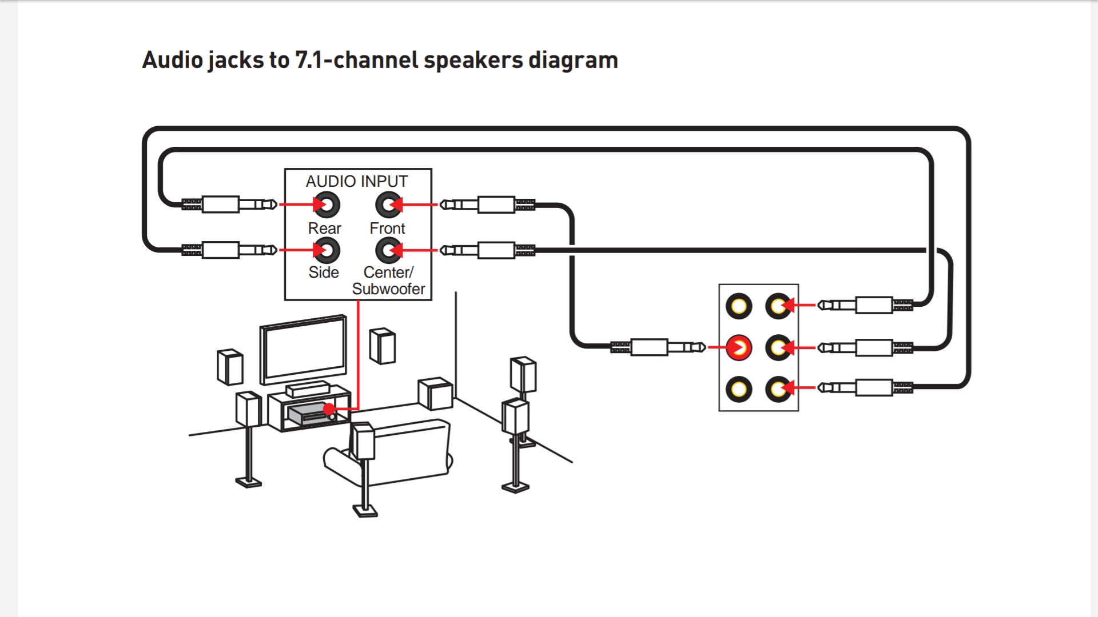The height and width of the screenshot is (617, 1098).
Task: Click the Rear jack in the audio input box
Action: pos(327,205)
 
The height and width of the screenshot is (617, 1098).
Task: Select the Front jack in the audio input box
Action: pos(388,205)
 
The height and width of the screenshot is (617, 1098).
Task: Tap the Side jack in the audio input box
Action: pos(327,250)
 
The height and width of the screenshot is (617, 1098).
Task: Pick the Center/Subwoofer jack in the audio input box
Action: pos(388,250)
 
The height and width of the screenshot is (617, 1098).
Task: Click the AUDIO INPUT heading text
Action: pos(356,181)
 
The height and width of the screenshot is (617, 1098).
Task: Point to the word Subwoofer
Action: pos(388,289)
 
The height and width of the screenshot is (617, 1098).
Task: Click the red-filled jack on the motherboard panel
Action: pos(739,347)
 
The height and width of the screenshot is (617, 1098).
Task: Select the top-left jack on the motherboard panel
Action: pos(739,306)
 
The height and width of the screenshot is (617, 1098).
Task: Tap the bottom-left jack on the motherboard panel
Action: pos(739,389)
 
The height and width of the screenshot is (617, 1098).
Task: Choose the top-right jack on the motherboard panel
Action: pos(778,306)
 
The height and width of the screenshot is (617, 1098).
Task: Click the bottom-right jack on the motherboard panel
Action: pos(778,389)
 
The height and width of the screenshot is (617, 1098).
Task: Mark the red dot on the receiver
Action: pos(329,409)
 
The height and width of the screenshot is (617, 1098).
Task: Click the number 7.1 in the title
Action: pos(309,60)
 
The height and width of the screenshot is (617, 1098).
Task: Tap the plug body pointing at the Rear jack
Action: pos(221,205)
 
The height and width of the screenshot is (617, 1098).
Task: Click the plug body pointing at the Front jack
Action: pos(496,205)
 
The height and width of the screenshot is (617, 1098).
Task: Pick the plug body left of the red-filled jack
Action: pos(649,347)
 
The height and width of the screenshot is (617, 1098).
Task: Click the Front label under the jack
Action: pos(387,229)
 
